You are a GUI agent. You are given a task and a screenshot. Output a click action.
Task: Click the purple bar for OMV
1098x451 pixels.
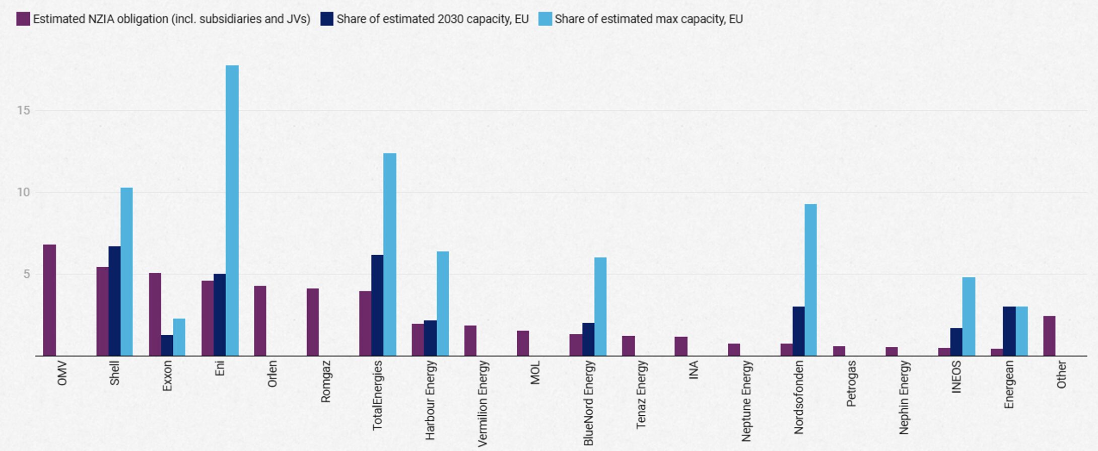click(x=49, y=300)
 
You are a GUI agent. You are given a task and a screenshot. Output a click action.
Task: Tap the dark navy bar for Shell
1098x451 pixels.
click(x=114, y=301)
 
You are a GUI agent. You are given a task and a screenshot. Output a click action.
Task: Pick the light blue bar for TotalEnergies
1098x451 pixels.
click(x=390, y=254)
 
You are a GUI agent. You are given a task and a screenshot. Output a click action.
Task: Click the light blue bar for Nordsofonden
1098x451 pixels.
click(x=810, y=280)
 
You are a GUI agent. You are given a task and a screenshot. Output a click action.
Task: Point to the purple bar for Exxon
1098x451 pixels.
click(x=155, y=314)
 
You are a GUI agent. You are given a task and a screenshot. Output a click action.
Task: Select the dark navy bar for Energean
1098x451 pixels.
click(x=1009, y=331)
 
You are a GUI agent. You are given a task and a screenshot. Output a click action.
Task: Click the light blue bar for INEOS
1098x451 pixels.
click(x=969, y=317)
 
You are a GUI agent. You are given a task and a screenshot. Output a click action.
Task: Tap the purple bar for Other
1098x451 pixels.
click(x=1049, y=336)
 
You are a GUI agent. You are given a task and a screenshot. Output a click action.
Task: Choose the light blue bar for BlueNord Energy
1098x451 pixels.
click(x=600, y=307)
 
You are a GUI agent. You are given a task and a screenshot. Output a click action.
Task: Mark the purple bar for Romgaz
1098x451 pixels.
click(x=313, y=322)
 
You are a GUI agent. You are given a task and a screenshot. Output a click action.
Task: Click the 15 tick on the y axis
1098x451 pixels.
click(x=24, y=110)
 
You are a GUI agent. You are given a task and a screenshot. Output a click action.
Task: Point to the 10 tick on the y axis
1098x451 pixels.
click(x=24, y=192)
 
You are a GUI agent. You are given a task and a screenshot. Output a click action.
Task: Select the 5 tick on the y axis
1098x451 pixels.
click(x=26, y=274)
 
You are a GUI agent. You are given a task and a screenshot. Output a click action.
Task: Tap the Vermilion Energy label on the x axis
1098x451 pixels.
click(x=483, y=403)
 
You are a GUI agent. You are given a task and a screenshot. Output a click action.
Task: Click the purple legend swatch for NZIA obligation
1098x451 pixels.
click(x=23, y=19)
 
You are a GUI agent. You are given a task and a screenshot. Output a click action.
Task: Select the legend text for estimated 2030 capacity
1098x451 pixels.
click(x=432, y=19)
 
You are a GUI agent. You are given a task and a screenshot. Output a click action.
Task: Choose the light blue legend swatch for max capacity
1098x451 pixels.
click(x=545, y=19)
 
